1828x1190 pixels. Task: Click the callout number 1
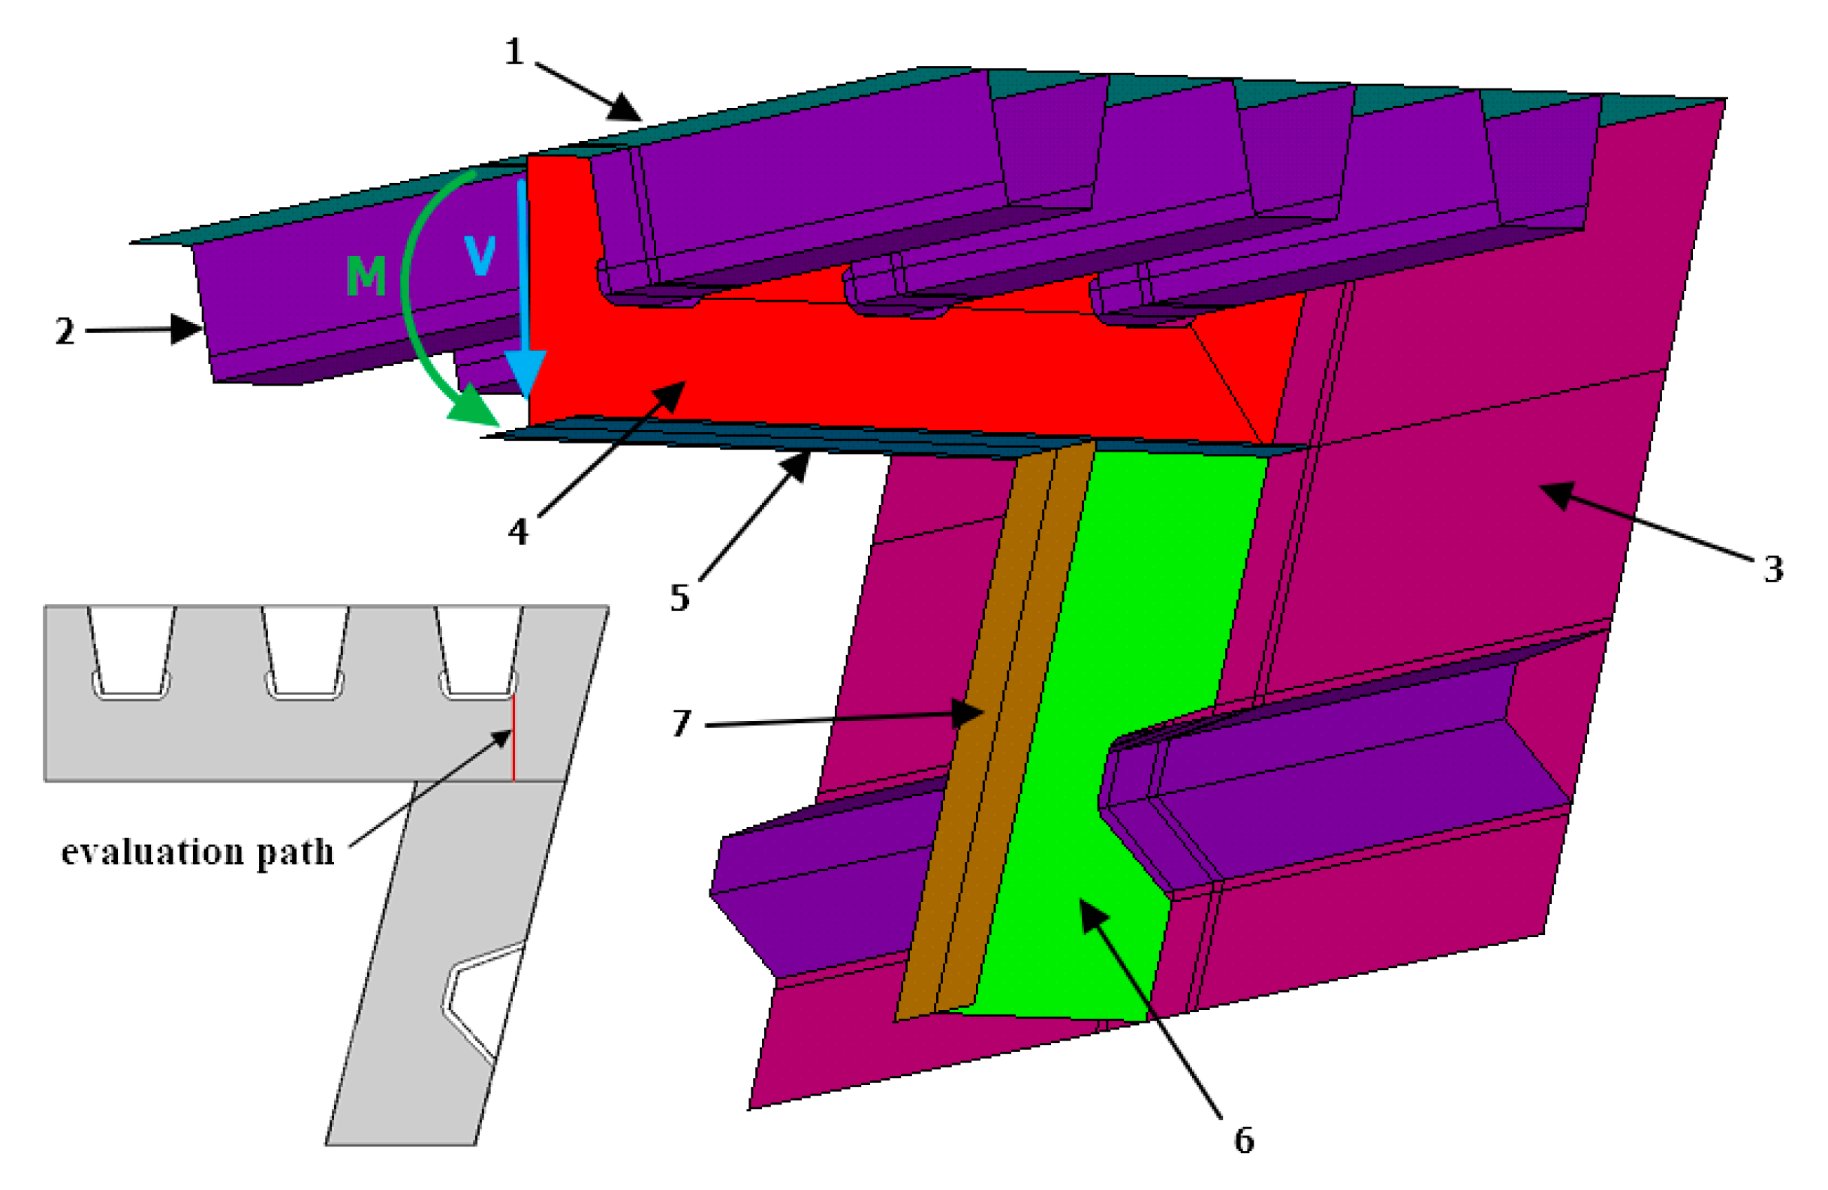(513, 53)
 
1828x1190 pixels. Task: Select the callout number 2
(65, 332)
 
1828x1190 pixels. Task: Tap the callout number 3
(1772, 569)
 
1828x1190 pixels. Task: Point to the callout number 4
(519, 531)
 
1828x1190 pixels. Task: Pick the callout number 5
(679, 597)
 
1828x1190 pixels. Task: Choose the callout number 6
(1244, 1140)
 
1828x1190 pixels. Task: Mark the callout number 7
(681, 723)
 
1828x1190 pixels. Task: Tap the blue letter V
(480, 254)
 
